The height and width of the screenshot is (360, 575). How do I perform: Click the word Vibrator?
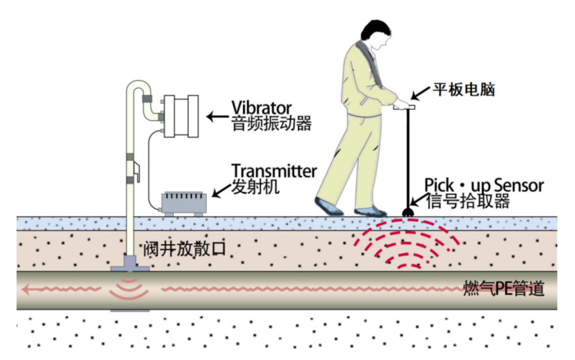(262, 107)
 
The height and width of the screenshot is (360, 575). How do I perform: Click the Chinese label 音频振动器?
(271, 123)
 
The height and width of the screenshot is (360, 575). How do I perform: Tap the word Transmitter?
(274, 171)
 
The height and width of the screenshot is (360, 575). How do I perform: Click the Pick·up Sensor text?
(484, 185)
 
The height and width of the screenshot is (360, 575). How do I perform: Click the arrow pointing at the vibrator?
(217, 117)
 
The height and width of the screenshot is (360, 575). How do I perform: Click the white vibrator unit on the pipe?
(180, 116)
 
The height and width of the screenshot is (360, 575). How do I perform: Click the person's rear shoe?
(329, 206)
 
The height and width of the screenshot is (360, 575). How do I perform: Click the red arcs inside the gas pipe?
(129, 289)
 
